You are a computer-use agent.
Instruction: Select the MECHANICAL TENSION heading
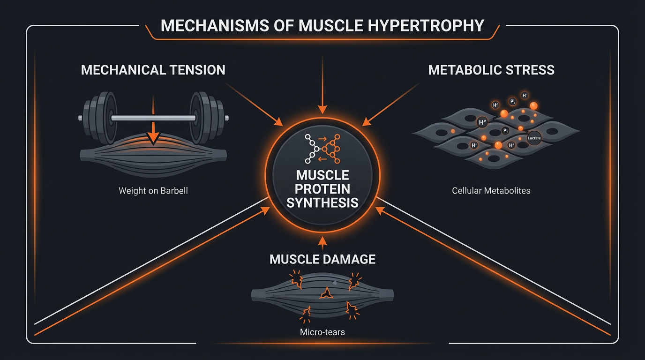[x=153, y=70]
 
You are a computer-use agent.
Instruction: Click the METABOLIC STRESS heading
[x=491, y=70]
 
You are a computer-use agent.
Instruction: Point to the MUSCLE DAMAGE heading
[x=322, y=259]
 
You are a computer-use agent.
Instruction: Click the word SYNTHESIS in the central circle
[x=322, y=202]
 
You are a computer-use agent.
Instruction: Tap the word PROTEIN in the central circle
[x=322, y=189]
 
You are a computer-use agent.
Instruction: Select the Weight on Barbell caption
[x=153, y=191]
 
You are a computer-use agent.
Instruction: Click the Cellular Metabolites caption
[x=491, y=191]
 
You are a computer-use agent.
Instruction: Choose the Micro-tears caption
[x=322, y=332]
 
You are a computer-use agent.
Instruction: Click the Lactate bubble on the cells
[x=533, y=138]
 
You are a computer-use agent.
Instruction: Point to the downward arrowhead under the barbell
[x=152, y=138]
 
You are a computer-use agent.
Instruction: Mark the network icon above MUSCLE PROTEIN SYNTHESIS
[x=322, y=146]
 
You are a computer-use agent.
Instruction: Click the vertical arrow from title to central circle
[x=322, y=84]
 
